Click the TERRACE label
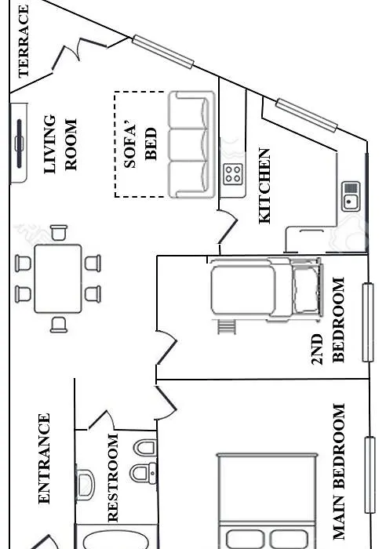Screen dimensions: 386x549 pos(24,42)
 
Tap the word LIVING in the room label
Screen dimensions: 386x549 pos(49,144)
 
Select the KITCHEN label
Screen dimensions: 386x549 pos(264,186)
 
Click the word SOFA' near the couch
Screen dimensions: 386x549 pos(130,144)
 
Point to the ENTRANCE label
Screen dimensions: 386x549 pos(44,459)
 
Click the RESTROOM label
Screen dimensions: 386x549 pos(113,478)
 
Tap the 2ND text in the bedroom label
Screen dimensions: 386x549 pos(317,349)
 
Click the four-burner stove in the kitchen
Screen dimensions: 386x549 pos(233,174)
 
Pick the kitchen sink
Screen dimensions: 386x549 pos(351,196)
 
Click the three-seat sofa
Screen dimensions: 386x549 pos(191,144)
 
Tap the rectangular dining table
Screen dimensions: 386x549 pos(58,278)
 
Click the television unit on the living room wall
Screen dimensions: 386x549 pos(19,143)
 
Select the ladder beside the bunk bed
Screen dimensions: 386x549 pos(227,327)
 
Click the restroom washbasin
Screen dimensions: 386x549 pos(85,485)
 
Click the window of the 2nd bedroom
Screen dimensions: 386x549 pos(368,322)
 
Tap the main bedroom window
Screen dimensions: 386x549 pos(370,475)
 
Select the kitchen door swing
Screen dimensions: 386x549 pos(228,227)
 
